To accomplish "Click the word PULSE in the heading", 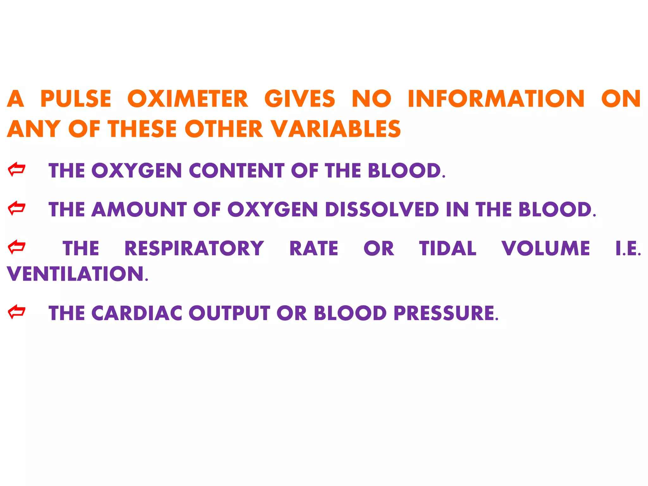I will [x=76, y=99].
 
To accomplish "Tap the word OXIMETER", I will [x=188, y=99].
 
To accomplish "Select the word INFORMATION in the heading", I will [x=496, y=99].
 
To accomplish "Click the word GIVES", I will [x=300, y=99].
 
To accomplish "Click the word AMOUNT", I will [x=139, y=210].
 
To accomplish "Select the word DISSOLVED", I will [x=382, y=210].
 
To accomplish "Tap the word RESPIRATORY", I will [x=194, y=248].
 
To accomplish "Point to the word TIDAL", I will [x=448, y=248].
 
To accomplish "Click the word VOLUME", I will [x=546, y=248].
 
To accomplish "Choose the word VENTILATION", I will [x=76, y=274].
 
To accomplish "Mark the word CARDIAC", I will [x=137, y=313].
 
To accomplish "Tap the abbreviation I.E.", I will [x=628, y=248].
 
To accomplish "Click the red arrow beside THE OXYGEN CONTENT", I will [x=16, y=170].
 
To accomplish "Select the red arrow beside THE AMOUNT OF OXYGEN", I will [x=16, y=209].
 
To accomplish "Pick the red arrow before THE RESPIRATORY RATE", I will [x=16, y=247].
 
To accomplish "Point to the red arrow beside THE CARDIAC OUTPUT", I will [x=16, y=312].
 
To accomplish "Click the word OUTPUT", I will [x=229, y=313].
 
